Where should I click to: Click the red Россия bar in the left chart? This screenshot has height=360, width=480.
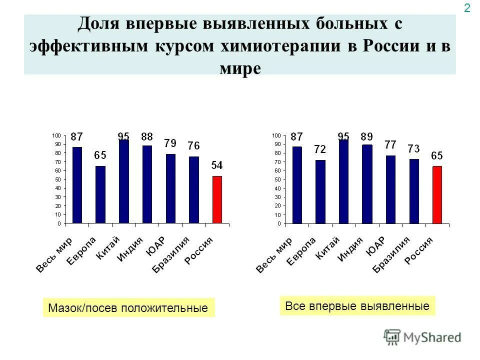tap(217, 199)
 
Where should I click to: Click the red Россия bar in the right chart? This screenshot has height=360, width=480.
tap(437, 194)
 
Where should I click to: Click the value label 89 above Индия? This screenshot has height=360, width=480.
tap(366, 136)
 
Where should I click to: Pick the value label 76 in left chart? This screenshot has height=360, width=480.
tap(193, 146)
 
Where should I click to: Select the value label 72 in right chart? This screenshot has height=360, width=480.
tap(320, 149)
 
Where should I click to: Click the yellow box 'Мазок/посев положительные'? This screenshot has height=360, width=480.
tap(128, 308)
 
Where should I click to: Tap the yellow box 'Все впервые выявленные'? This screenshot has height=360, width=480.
tap(357, 306)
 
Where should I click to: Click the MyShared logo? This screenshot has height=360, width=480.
tap(422, 337)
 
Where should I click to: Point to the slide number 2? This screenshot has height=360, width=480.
tap(467, 8)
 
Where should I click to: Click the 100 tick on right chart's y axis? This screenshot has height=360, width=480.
tap(276, 135)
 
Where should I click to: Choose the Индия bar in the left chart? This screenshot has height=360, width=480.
tap(147, 184)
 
